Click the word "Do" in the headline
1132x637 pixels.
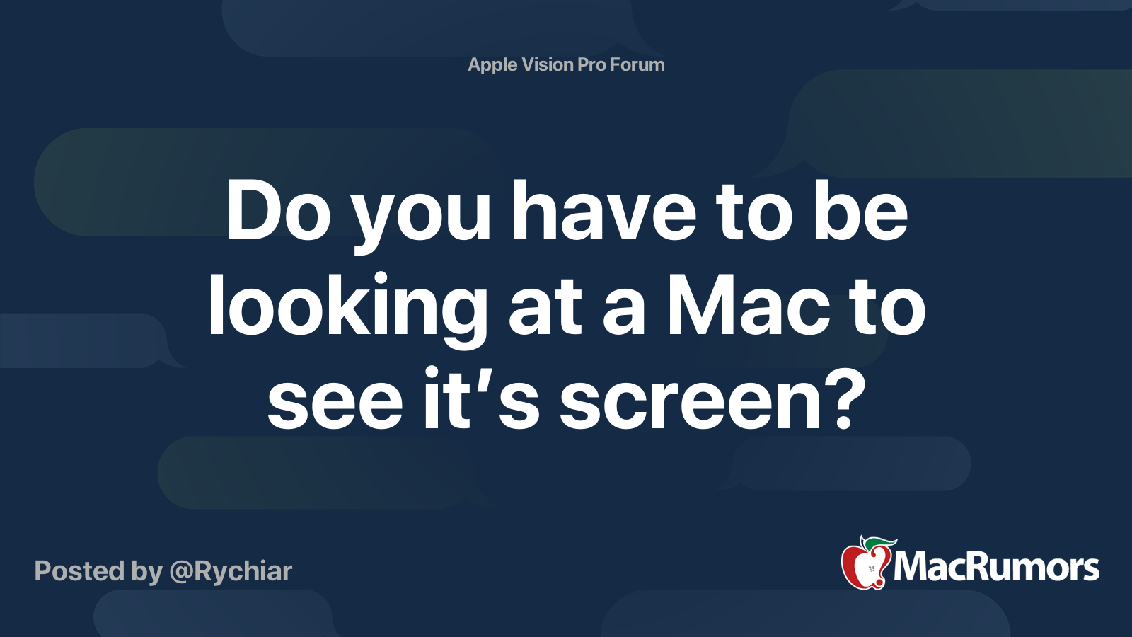click(x=278, y=211)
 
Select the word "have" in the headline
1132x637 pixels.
click(x=603, y=211)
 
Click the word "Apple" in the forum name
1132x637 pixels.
click(x=493, y=65)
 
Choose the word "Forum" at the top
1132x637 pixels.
click(x=637, y=64)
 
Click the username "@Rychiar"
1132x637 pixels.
click(x=231, y=571)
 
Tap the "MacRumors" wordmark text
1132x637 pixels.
click(x=996, y=567)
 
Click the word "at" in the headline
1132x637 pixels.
click(x=545, y=311)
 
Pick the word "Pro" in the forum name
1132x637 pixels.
click(x=592, y=64)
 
